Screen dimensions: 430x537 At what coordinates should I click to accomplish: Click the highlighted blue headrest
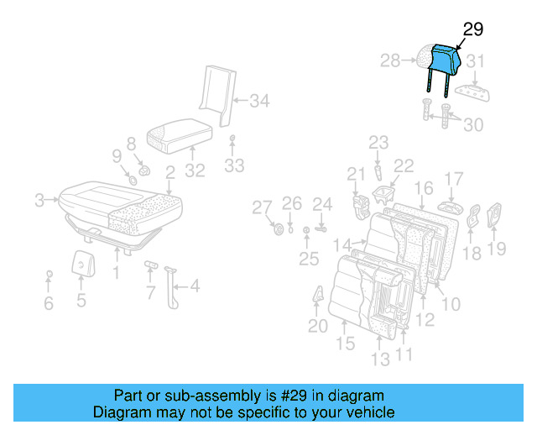tap(444, 59)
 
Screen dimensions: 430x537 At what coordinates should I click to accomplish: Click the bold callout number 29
tap(473, 29)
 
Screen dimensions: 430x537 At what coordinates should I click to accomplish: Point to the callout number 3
tap(39, 200)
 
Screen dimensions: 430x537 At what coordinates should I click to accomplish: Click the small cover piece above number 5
tap(82, 264)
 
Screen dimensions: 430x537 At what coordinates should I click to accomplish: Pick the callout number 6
tap(48, 303)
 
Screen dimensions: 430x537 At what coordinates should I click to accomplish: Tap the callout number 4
tap(195, 286)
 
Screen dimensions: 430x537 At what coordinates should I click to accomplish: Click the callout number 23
tap(378, 142)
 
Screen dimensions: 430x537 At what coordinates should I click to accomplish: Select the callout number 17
tap(453, 178)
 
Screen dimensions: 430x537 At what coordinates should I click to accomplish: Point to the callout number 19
tap(497, 248)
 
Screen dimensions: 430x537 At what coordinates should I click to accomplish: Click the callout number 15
tap(345, 343)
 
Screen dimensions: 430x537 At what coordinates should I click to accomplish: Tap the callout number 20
tap(317, 326)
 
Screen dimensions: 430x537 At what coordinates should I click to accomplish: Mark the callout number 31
tap(476, 60)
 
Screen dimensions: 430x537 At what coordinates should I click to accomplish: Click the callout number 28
tap(390, 60)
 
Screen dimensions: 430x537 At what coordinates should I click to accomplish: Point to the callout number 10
tap(451, 303)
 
